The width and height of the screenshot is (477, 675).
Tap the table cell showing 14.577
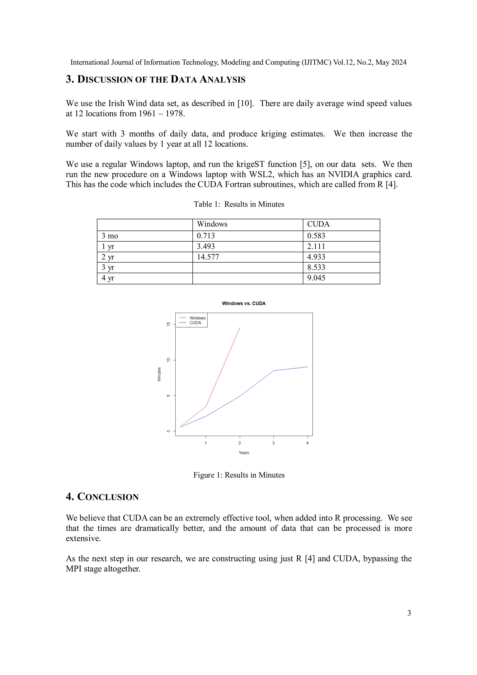pyautogui.click(x=208, y=257)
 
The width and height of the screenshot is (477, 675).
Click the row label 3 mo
pyautogui.click(x=110, y=236)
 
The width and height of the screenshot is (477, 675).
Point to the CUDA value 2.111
pyautogui.click(x=316, y=246)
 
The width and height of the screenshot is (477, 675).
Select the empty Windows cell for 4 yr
pyautogui.click(x=247, y=278)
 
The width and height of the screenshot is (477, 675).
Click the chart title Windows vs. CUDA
pyautogui.click(x=244, y=303)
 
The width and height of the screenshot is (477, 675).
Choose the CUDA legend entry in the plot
pyautogui.click(x=195, y=323)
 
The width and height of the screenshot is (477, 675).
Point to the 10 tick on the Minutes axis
pyautogui.click(x=168, y=360)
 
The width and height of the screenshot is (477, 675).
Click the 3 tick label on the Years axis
pyautogui.click(x=273, y=443)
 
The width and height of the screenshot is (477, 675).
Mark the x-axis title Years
pyautogui.click(x=244, y=453)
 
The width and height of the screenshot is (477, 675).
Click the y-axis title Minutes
pyautogui.click(x=159, y=374)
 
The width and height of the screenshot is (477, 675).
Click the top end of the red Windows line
pyautogui.click(x=240, y=328)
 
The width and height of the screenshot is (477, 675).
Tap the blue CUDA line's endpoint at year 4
pyautogui.click(x=307, y=367)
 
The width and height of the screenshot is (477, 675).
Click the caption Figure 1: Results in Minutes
pyautogui.click(x=239, y=475)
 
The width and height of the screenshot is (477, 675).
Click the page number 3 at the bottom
pyautogui.click(x=409, y=613)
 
